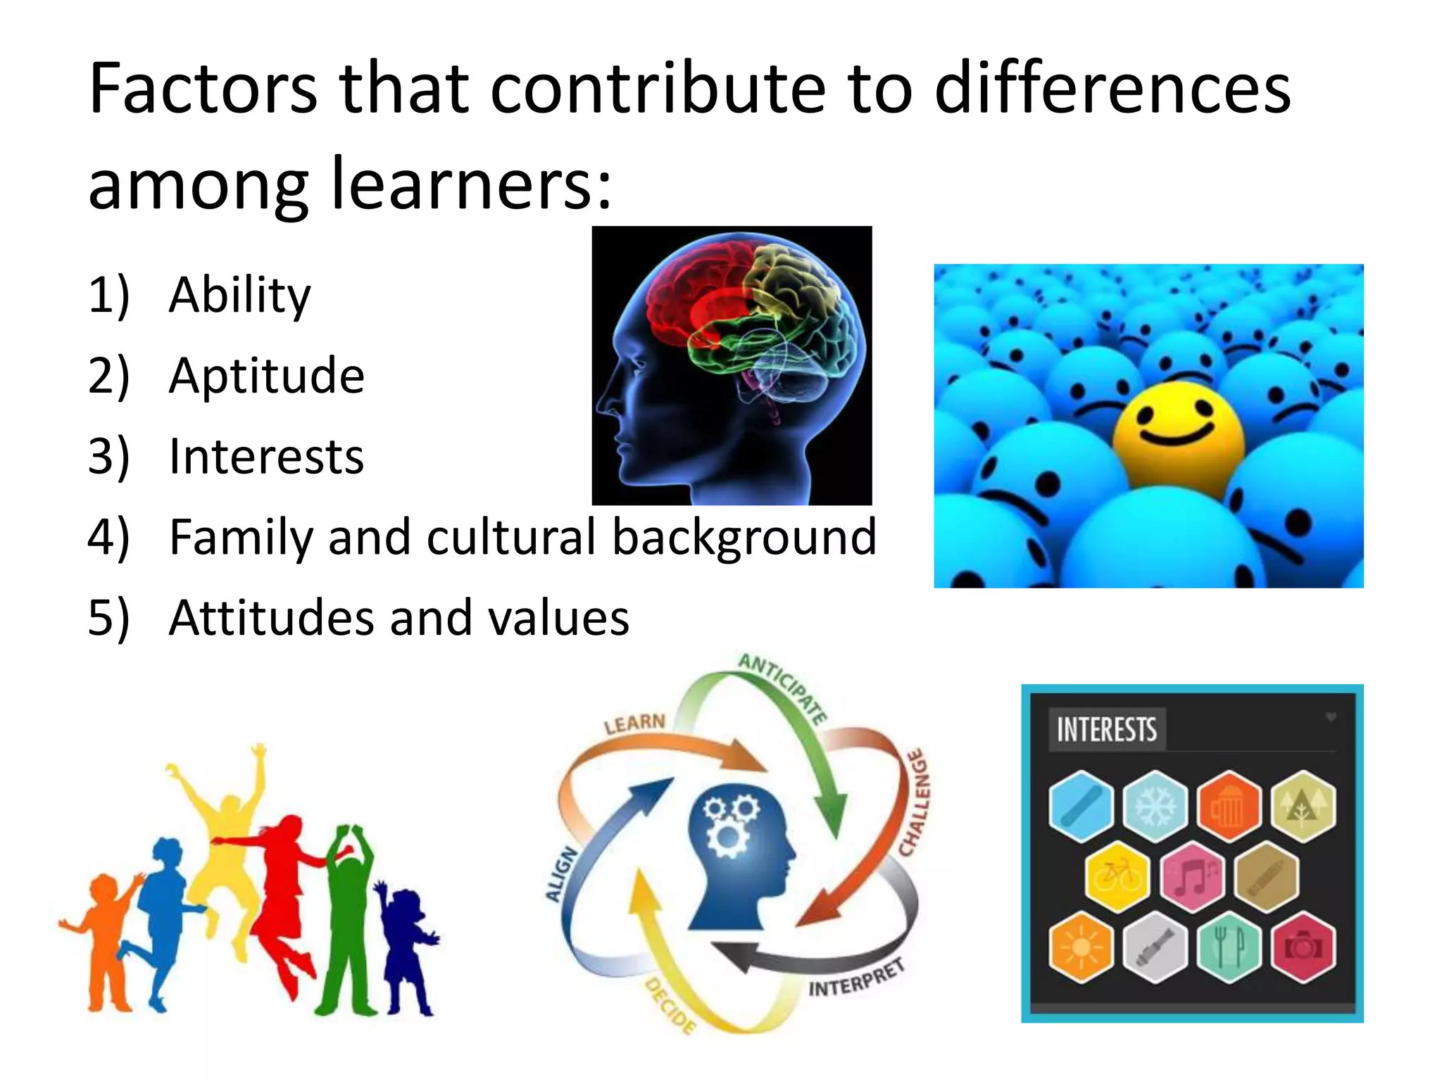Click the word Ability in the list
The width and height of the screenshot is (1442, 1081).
point(239,296)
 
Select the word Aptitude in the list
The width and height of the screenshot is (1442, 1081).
point(266,376)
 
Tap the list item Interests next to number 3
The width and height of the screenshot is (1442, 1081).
point(266,457)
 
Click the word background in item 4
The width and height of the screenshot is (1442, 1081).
point(744,538)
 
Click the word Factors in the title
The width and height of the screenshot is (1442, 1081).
point(203,89)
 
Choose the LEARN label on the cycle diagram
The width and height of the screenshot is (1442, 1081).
point(634,724)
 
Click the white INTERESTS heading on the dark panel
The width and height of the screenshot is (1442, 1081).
point(1106,730)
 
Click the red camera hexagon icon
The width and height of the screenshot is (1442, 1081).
point(1303,947)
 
